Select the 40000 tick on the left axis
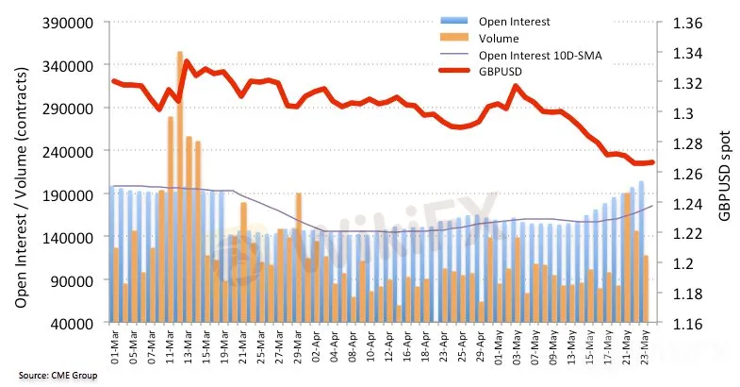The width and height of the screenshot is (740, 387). coord(74,324)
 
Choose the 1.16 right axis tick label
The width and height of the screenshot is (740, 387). coord(687,324)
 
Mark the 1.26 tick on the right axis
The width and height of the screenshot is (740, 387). coord(687,174)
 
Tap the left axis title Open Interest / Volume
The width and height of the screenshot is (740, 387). coord(21,173)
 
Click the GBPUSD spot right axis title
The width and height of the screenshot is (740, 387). coord(723,174)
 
